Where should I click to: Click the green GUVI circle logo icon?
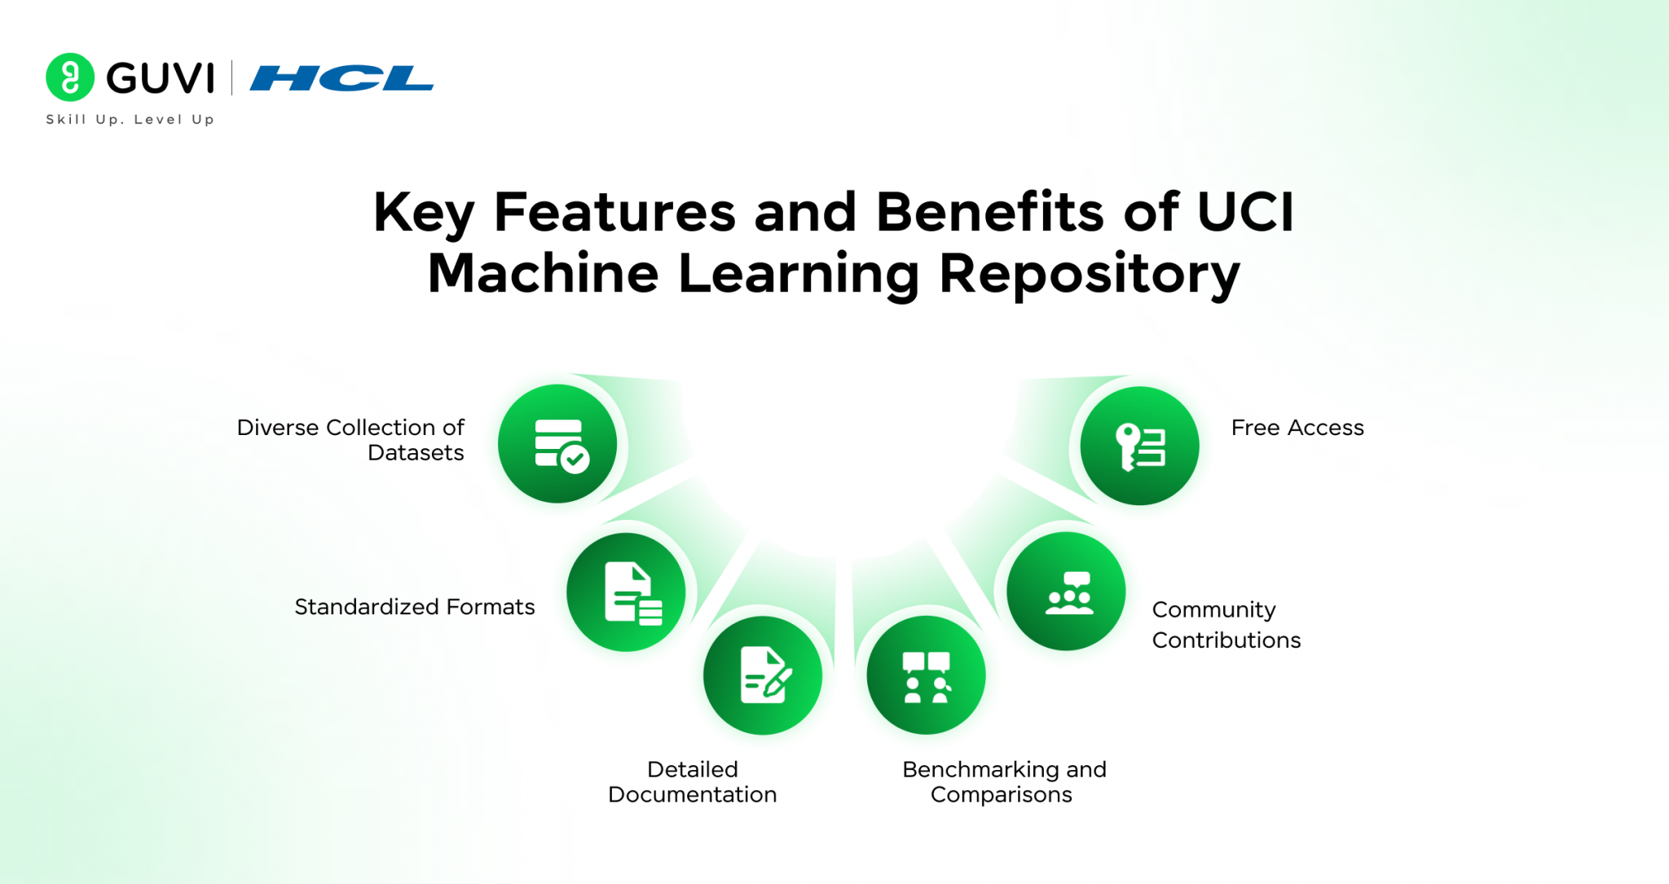(70, 77)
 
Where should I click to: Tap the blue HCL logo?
(341, 78)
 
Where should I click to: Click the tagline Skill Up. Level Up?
(130, 120)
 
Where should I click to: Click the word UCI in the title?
(1244, 213)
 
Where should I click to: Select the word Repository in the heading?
(1090, 274)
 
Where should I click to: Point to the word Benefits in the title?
(989, 213)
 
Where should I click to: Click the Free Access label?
(1297, 428)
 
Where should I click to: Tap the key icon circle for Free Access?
(1139, 446)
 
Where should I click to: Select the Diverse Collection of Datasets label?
(350, 440)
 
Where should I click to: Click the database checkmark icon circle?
(558, 444)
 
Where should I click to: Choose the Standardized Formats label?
(414, 607)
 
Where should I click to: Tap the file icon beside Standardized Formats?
(627, 592)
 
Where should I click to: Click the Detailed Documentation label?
(692, 781)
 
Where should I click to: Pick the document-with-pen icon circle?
(763, 675)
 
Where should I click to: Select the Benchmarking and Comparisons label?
(1003, 781)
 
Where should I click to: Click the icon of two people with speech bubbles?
(926, 675)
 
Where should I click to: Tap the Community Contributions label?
(1225, 625)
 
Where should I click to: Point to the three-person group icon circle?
(1066, 592)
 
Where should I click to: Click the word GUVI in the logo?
(161, 78)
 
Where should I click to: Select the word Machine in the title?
(543, 274)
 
